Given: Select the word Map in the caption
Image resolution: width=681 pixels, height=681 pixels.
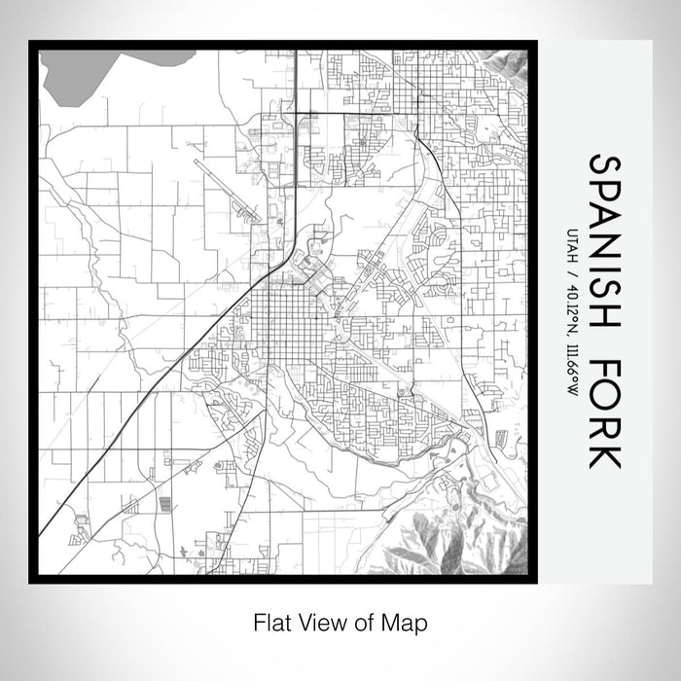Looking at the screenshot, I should (408, 621).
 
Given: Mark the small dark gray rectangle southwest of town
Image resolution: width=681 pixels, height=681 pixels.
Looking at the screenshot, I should (163, 504).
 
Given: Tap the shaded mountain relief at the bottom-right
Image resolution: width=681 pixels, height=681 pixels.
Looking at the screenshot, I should (457, 530).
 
